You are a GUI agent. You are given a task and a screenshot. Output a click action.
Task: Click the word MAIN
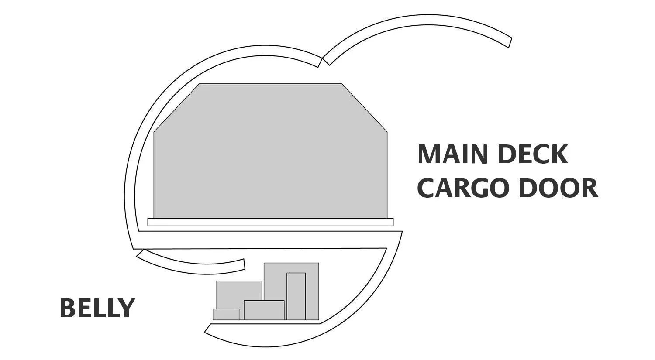pos(455,154)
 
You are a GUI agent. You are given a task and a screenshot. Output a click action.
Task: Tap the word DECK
pos(532,154)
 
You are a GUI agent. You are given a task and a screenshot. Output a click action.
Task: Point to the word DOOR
pos(558,188)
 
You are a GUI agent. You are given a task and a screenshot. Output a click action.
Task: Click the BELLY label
pos(97,308)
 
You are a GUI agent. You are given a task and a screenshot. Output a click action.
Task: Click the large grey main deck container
pos(270,151)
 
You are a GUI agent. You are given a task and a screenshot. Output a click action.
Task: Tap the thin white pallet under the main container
pos(270,222)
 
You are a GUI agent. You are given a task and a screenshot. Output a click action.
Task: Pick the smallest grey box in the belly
pos(226,315)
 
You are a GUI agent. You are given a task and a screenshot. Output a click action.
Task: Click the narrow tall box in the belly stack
pos(296,296)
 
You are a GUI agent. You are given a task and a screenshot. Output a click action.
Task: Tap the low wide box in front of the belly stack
pos(264,310)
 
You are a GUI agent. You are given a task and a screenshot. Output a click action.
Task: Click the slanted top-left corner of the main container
pos(176,107)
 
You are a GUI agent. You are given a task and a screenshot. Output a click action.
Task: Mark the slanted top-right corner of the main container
pos(365,107)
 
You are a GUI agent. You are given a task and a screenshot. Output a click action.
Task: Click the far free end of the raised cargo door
pos(510,43)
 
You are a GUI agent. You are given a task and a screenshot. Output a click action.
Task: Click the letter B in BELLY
pos(66,308)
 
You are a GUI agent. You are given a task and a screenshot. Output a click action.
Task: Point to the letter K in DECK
pos(560,154)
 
